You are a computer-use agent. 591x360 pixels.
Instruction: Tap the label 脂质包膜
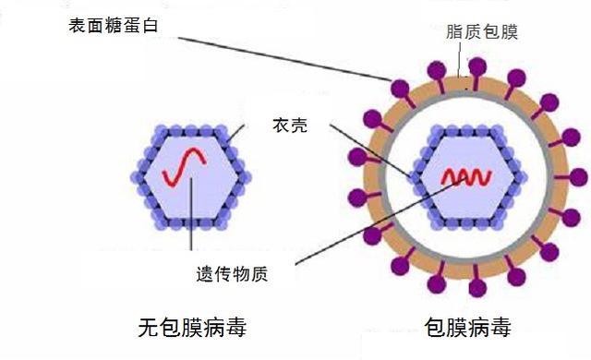coord(482,32)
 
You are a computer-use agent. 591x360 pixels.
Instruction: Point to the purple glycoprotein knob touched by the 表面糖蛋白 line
coord(400,88)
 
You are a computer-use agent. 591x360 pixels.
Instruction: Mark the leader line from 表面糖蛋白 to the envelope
coord(277,55)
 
